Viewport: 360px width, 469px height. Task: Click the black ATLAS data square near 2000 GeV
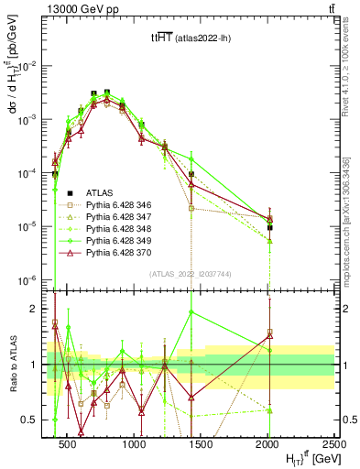[x=269, y=227]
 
